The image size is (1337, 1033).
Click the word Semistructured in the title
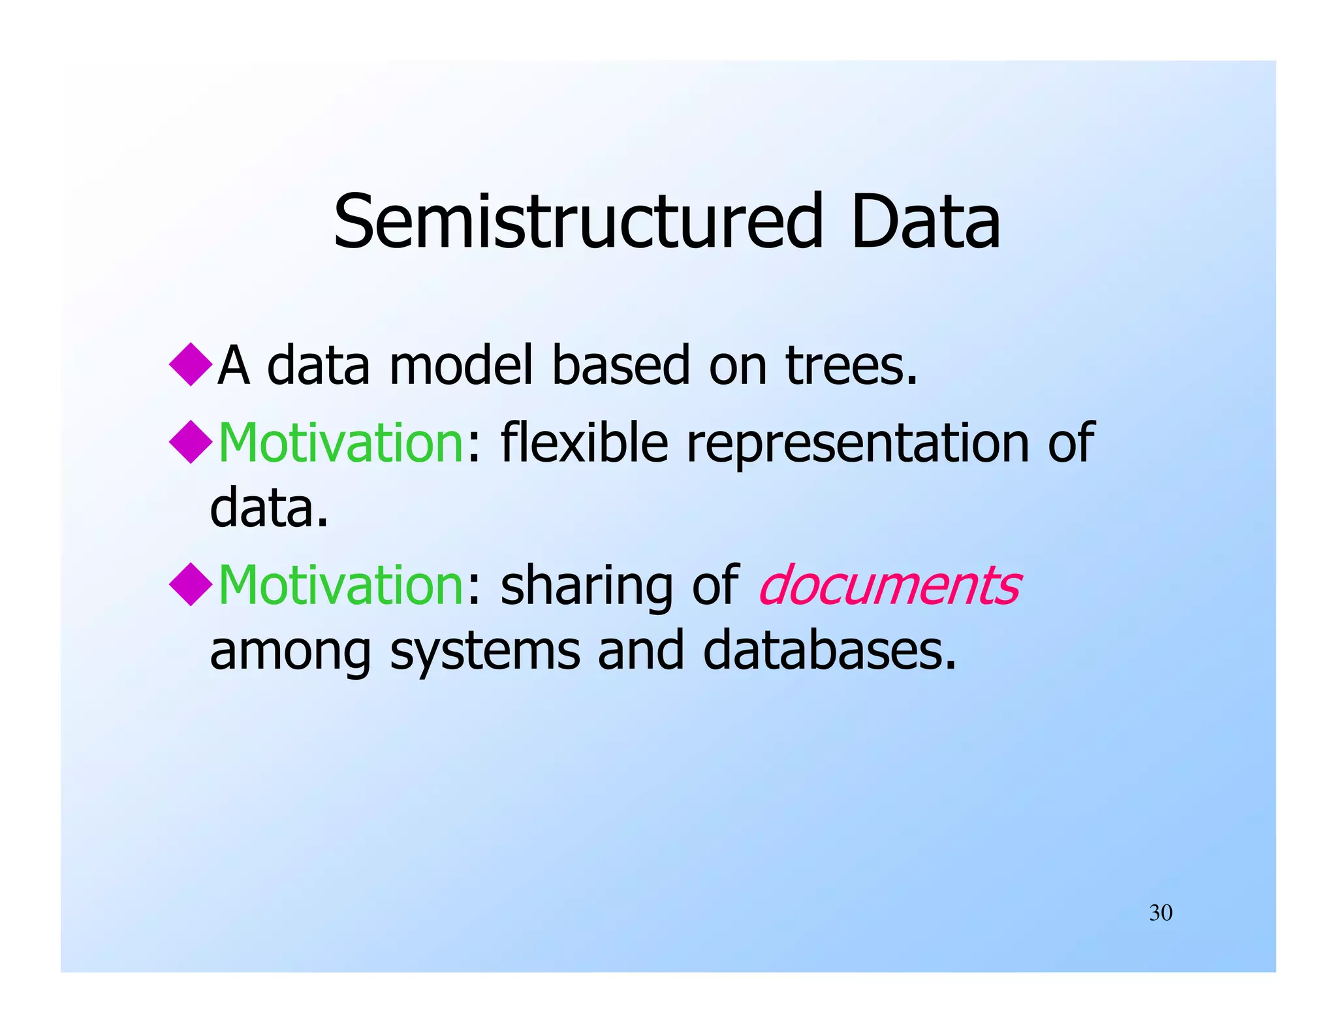[x=578, y=222]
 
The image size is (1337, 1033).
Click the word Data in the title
[x=925, y=222]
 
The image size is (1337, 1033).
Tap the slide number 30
[x=1161, y=913]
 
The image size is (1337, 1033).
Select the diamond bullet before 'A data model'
[x=190, y=364]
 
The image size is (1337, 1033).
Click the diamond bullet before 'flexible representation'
[x=190, y=442]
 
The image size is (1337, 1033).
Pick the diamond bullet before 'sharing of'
[x=190, y=584]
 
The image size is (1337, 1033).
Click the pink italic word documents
[x=889, y=585]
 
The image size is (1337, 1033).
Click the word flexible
[x=584, y=443]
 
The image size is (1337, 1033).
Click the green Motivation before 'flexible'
[x=340, y=443]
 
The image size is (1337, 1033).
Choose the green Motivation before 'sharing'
[x=340, y=585]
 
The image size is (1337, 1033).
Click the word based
[x=621, y=366]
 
